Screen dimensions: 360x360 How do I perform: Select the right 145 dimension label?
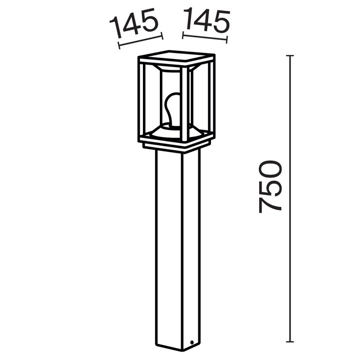207,22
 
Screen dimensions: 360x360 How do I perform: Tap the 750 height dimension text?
271,187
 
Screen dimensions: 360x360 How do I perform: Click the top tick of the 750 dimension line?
290,56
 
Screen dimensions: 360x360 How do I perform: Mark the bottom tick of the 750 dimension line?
290,341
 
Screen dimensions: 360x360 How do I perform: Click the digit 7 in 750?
271,205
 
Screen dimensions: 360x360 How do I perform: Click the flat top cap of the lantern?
177,57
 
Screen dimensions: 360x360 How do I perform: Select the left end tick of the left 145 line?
119,45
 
